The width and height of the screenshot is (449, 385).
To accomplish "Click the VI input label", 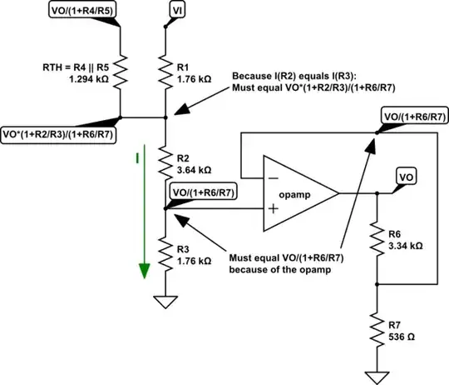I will [x=178, y=9].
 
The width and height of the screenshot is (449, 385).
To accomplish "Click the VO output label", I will [x=405, y=177].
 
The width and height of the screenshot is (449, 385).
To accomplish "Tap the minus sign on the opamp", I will [x=273, y=177].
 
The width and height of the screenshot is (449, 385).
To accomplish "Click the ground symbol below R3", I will [x=165, y=302].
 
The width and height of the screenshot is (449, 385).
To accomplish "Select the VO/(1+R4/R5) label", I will [x=81, y=10].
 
